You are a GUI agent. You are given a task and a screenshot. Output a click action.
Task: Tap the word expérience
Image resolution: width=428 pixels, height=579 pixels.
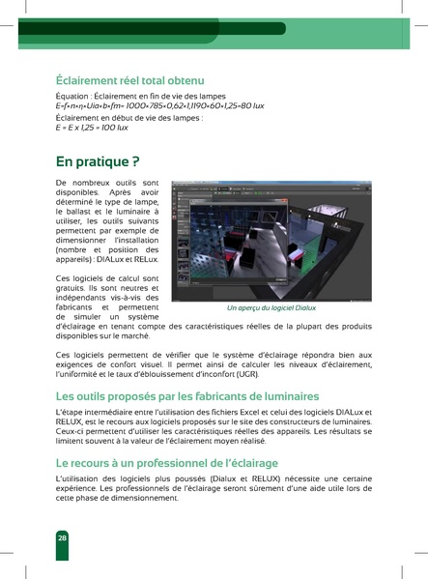tap(82, 490)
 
